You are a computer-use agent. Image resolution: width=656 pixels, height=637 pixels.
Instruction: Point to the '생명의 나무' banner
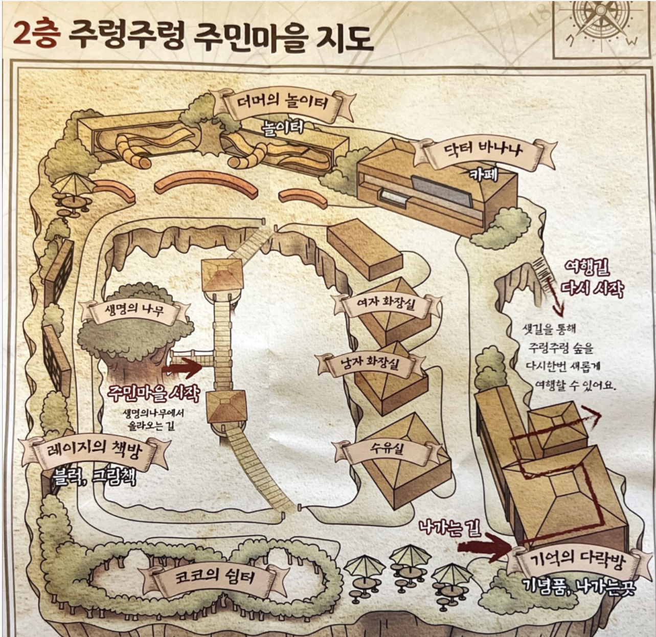(134, 309)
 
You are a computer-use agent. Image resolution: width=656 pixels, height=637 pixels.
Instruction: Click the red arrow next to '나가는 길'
(483, 547)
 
